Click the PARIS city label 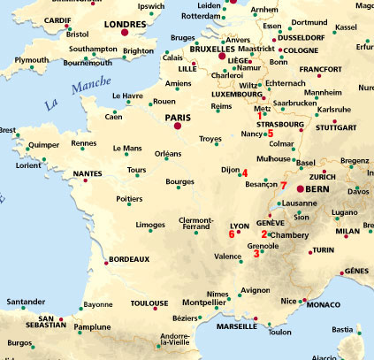click(179, 115)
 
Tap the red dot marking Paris click(178, 126)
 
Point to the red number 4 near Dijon click(245, 173)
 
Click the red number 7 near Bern click(283, 186)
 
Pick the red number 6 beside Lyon click(232, 234)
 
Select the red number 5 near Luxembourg click(270, 109)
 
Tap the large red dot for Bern click(301, 189)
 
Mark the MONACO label click(324, 304)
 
